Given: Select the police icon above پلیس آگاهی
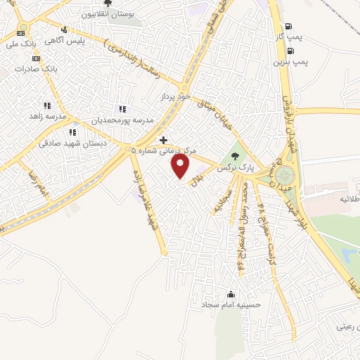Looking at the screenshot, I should [x=64, y=30].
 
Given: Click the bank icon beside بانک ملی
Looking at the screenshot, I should [x=22, y=32].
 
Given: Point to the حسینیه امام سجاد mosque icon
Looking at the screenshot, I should [x=231, y=294].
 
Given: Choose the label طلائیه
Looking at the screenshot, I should [x=349, y=199].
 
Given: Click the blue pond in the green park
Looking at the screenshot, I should [x=349, y=251].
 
